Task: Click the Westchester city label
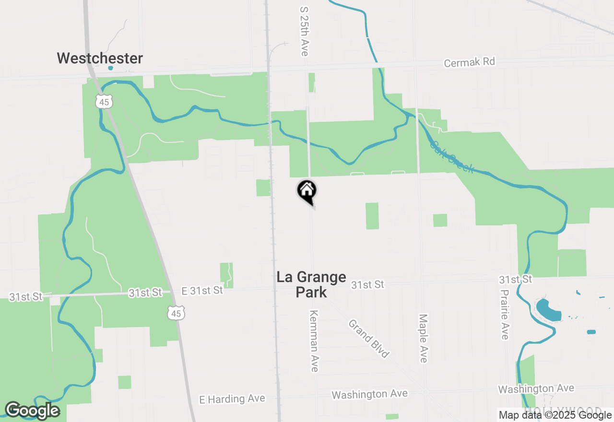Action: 100,59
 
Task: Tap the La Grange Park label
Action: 311,284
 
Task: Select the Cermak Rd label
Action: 469,62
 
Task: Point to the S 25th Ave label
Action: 304,31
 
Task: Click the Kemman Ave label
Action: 314,340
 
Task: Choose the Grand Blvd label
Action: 368,339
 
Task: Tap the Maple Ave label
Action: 423,338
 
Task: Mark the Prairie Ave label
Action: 504,314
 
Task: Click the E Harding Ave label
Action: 232,399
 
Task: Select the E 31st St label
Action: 202,291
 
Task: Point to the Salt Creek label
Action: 452,156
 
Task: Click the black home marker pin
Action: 307,191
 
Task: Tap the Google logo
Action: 32,410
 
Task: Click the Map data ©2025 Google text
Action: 555,415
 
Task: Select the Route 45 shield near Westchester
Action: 104,101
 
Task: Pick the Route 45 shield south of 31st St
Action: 176,313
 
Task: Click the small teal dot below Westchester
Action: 111,68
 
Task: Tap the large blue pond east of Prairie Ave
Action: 548,310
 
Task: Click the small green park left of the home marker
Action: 263,188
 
